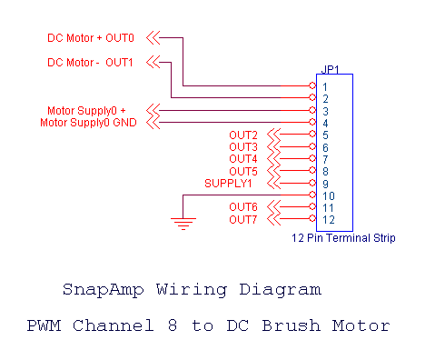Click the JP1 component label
331,68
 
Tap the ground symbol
183,221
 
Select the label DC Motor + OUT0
91,39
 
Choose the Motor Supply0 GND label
88,123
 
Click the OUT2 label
243,135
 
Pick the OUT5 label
243,171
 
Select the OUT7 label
243,219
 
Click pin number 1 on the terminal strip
324,87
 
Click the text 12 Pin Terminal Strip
343,239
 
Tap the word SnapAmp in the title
97,291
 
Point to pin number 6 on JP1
324,147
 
